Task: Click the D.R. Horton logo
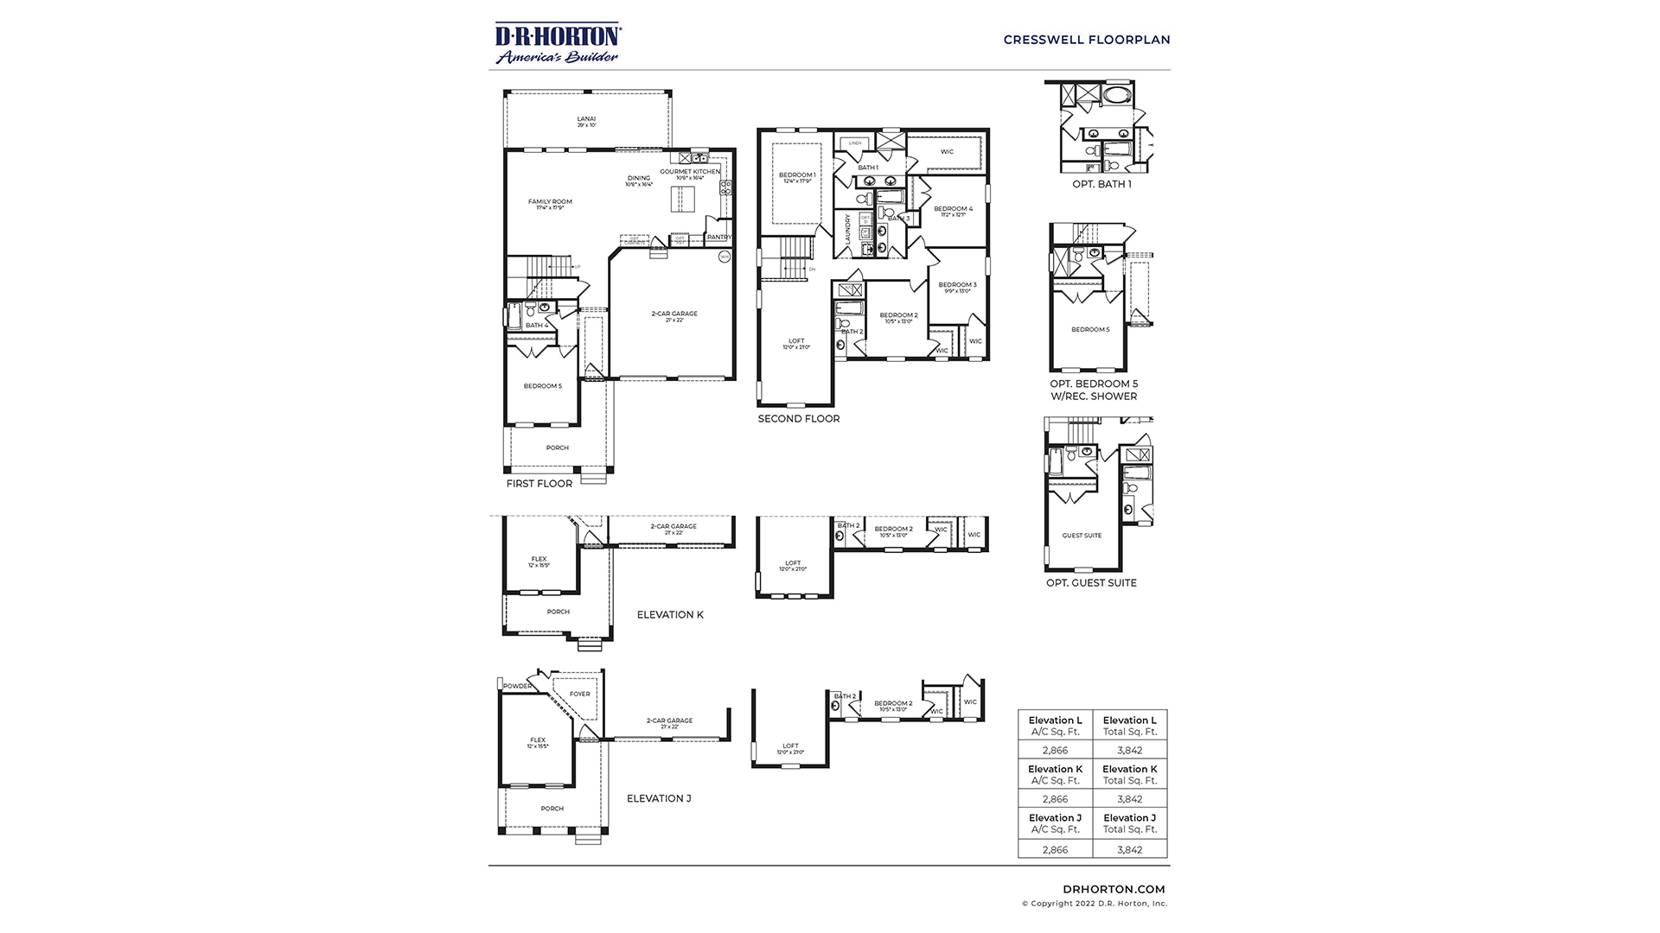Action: [557, 43]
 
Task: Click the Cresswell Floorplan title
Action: [1086, 40]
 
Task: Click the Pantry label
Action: [718, 237]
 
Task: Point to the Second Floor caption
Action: [798, 419]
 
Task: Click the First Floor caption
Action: [539, 484]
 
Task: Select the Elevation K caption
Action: [670, 615]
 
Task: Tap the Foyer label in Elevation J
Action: [579, 694]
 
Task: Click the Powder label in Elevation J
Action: [517, 686]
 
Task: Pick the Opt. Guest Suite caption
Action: [1091, 583]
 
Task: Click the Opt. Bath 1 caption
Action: [1101, 184]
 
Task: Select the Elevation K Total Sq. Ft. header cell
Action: [1129, 774]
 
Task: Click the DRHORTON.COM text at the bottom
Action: [1113, 889]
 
